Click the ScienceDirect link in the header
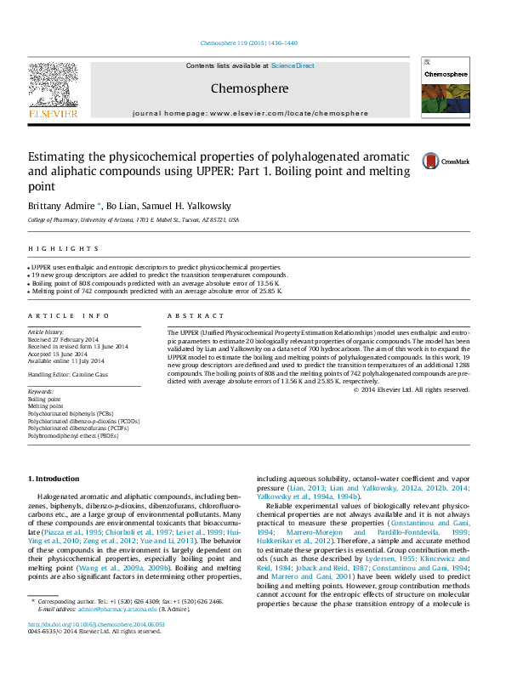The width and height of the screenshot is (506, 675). coord(293,65)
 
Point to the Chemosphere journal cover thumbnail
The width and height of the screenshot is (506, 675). coord(446,88)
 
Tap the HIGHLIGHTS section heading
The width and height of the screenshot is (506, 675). coord(51,248)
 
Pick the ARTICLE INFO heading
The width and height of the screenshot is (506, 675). coord(68,315)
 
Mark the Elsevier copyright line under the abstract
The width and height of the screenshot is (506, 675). coord(412,389)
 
